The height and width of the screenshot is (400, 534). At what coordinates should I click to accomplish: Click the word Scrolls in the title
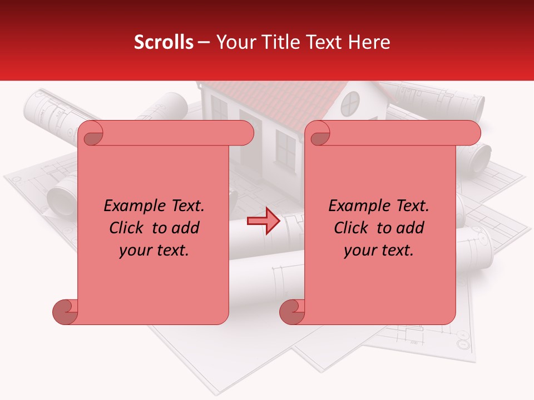tap(164, 42)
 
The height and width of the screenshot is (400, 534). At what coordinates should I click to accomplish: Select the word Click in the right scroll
tap(353, 228)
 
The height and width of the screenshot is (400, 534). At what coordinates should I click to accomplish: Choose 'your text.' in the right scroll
tap(379, 250)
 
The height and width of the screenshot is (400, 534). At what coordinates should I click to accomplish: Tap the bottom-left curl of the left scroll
tap(65, 311)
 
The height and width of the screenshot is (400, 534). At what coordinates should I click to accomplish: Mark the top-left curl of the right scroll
tap(319, 133)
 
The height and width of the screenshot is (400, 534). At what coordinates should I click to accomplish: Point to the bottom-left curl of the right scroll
tap(292, 311)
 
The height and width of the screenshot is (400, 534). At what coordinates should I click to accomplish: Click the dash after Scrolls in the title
tap(204, 43)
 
